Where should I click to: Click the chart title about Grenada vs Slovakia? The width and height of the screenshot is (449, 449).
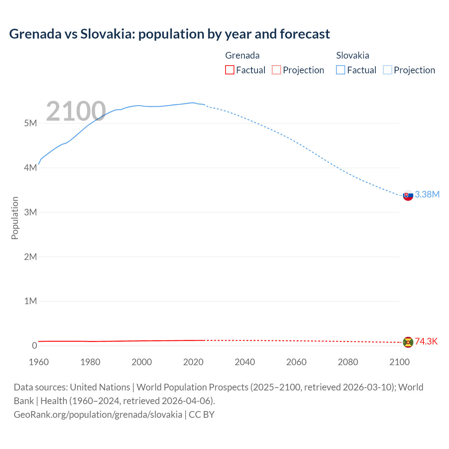tap(169, 34)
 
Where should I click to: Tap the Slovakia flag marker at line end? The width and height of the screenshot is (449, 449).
tap(408, 195)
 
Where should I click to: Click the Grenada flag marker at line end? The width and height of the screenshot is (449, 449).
tap(408, 342)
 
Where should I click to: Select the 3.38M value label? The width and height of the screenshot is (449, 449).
tap(427, 195)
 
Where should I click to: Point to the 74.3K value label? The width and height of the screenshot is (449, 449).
tap(426, 342)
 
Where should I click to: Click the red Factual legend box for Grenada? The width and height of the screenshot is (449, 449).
tap(230, 70)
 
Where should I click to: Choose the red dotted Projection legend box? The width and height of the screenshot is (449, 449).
tap(276, 70)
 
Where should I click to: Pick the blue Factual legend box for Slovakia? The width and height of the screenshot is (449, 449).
tap(341, 70)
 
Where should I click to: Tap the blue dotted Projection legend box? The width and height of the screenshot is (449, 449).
tap(388, 70)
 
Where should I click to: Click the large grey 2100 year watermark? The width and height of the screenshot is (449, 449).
tap(76, 111)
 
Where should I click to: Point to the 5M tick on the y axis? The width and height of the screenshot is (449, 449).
tap(31, 123)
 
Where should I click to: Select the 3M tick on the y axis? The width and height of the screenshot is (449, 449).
tap(31, 212)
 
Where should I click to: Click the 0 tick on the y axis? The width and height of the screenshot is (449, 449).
tap(34, 346)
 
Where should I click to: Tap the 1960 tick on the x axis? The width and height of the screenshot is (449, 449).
tap(39, 362)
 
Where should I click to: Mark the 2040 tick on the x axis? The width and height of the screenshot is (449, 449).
tap(245, 362)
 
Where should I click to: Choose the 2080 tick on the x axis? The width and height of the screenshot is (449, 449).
tap(348, 362)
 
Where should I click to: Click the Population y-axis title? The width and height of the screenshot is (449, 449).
tap(15, 218)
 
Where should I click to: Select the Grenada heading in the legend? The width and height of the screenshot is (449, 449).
tap(242, 55)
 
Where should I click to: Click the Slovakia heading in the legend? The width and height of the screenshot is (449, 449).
tap(353, 55)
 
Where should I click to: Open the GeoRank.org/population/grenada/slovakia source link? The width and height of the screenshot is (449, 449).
tap(98, 415)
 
